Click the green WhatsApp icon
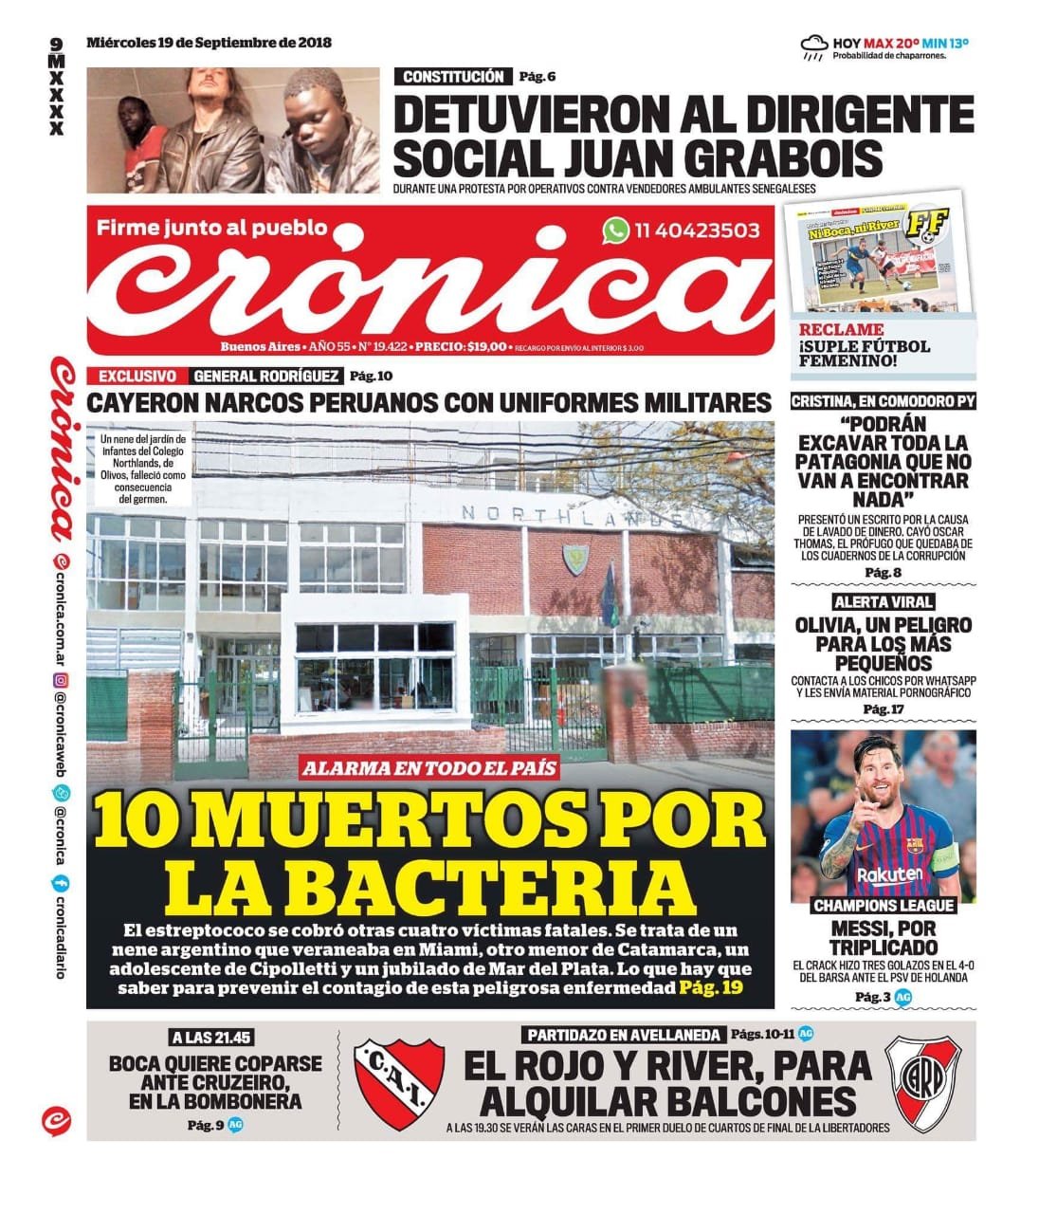click(x=616, y=230)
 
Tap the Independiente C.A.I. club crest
click(x=398, y=1081)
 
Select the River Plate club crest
click(x=922, y=1080)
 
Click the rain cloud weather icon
click(x=813, y=46)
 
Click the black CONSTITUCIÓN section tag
click(x=452, y=78)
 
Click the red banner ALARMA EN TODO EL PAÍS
click(x=429, y=767)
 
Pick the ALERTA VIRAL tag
click(x=883, y=601)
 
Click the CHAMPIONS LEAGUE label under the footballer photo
click(x=884, y=906)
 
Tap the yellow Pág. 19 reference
click(x=711, y=988)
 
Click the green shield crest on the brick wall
click(x=573, y=561)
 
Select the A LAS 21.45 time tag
click(x=212, y=1038)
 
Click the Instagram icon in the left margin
click(x=60, y=680)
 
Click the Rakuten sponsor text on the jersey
click(x=888, y=873)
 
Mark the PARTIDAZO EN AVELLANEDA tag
click(x=622, y=1034)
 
